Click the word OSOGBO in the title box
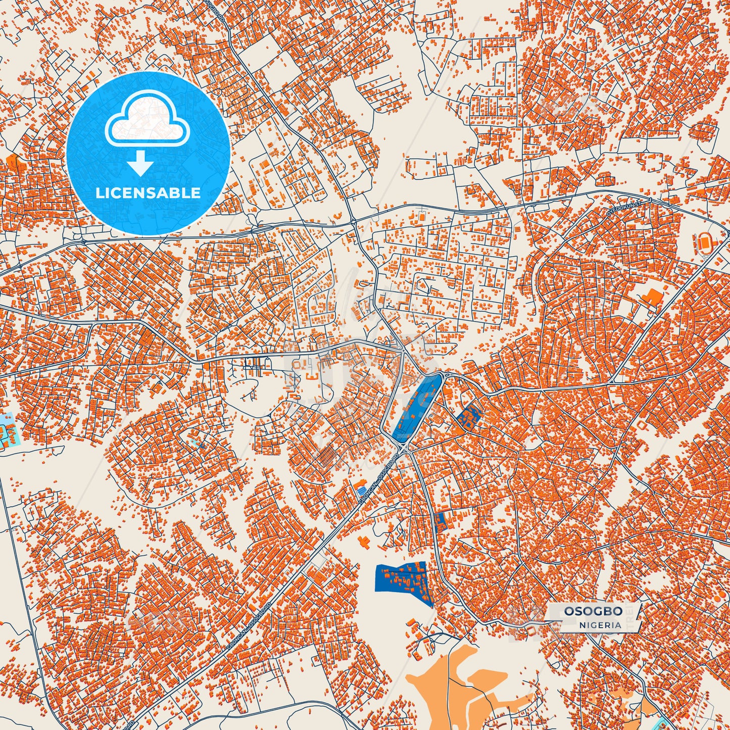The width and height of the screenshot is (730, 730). (x=593, y=611)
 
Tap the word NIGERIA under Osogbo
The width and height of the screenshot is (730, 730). (x=600, y=625)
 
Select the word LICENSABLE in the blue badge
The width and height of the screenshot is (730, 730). (x=148, y=193)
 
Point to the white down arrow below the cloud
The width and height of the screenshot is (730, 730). (x=140, y=163)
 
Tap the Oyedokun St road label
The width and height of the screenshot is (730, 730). (x=623, y=209)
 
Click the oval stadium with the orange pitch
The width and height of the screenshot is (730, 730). (x=703, y=244)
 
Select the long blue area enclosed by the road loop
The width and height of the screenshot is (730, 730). (x=415, y=406)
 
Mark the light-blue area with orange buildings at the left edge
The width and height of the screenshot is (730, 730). (x=8, y=433)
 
